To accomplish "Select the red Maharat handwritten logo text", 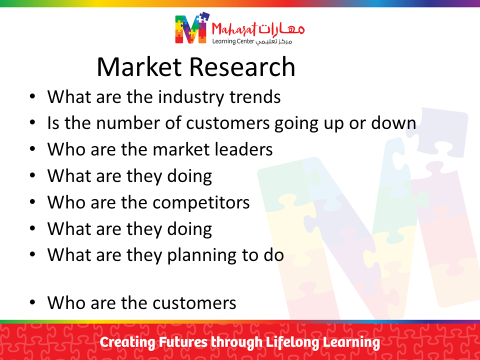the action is pos(234,29).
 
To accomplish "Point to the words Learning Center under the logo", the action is pos(233,41).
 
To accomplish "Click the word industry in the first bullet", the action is pos(191,97).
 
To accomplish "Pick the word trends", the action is pos(255,97).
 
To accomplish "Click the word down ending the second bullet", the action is pos(393,123).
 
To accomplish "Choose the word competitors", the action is pos(201,202).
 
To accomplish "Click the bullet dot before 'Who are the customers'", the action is pos(32,302).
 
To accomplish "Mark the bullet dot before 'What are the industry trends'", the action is pos(32,96).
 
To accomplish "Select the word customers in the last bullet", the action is pos(194,303).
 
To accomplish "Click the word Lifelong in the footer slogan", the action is pos(292,342).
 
